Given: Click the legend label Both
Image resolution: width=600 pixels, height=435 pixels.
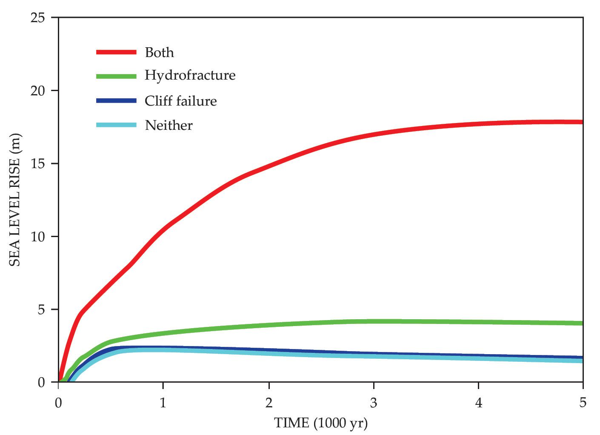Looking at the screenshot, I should point(159,52).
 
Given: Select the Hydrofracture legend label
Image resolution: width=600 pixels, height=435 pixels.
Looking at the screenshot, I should point(190,75).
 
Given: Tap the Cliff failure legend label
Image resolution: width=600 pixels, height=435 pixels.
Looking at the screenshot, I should point(180,101).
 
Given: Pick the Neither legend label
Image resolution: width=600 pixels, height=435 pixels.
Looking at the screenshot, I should point(169,125).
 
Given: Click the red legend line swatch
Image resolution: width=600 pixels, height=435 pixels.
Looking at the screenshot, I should point(116,52).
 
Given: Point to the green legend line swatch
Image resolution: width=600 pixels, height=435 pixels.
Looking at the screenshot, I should point(116,76).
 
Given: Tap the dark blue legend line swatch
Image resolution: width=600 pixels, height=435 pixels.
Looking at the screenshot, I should point(116,101).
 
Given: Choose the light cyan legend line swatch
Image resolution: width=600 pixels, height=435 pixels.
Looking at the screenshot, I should point(116,125).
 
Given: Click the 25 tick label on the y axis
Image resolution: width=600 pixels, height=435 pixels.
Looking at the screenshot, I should point(38,18).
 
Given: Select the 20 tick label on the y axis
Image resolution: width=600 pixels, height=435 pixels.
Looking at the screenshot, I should point(38,91).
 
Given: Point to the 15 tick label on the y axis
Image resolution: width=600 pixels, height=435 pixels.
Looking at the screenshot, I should point(38,164).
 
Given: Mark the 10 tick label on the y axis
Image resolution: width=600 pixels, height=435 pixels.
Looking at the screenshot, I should point(38,237).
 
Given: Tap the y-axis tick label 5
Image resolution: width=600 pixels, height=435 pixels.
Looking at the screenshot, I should point(41,309).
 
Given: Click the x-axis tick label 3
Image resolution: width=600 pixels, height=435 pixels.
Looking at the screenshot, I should point(374,403).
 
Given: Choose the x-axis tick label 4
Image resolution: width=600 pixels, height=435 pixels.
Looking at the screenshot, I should point(479,403).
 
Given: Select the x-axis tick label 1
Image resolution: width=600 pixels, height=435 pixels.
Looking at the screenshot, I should point(163,403).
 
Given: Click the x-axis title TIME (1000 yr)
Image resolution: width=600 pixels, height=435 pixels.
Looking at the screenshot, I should point(321,423).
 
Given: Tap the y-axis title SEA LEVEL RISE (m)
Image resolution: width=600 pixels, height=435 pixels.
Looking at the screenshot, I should point(15,200).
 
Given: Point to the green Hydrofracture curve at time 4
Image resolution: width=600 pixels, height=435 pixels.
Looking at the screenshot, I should point(479,322).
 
